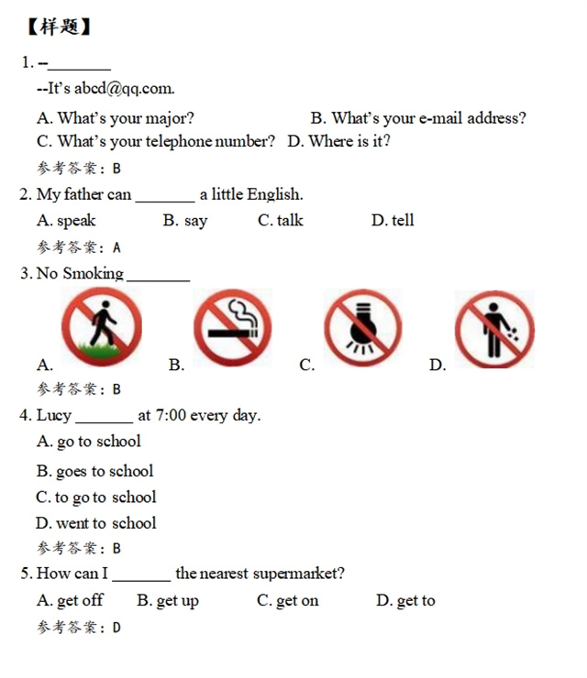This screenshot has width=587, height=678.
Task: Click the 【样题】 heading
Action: pos(60,27)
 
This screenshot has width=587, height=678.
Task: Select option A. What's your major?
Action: pos(116,118)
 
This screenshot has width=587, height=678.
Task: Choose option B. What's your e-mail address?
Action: pos(418,118)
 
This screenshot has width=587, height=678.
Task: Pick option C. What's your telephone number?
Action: pos(155,141)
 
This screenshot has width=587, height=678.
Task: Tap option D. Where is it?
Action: pos(338,141)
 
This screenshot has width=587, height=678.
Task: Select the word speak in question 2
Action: pos(76,221)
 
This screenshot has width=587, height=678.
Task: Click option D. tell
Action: pos(393,221)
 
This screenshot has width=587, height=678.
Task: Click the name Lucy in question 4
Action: pos(53,415)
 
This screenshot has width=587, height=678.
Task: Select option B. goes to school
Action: pos(95,472)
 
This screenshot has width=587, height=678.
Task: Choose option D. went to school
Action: pos(96,523)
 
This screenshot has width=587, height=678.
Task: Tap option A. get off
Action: pos(70,601)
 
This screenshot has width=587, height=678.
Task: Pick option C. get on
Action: pos(288,601)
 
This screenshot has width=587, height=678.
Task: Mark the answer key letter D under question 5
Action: pos(116,628)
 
